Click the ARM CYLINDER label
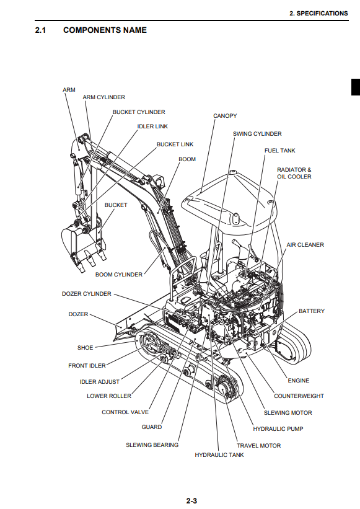click(x=103, y=97)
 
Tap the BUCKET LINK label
click(x=175, y=144)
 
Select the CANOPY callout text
click(x=225, y=115)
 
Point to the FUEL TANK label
click(x=279, y=150)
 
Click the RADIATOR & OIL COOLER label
click(x=294, y=173)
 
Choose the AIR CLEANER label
click(x=305, y=245)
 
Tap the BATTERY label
click(x=311, y=311)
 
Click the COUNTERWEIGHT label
click(x=299, y=396)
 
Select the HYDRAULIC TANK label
click(x=219, y=455)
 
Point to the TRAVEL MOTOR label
click(x=259, y=446)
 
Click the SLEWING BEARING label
click(x=152, y=445)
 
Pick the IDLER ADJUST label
click(x=100, y=382)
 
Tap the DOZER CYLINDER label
click(x=87, y=294)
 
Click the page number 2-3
click(x=191, y=501)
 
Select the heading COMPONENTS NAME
click(x=105, y=30)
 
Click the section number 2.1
click(x=40, y=30)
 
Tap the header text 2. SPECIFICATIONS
click(x=318, y=13)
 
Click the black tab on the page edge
click(x=356, y=87)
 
